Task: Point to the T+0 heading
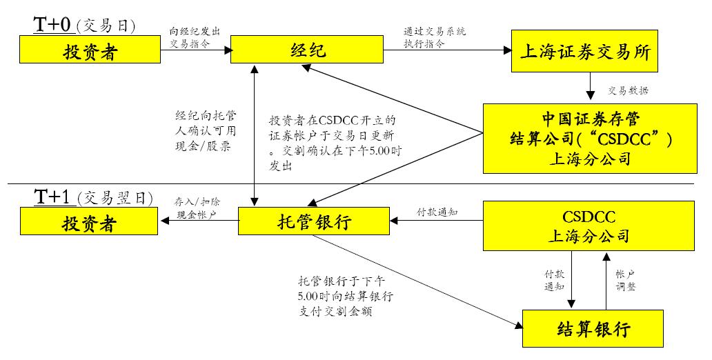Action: [53, 26]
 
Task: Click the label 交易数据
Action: [627, 90]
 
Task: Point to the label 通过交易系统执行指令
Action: [434, 37]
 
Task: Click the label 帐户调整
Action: [625, 280]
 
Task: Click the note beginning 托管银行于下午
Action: [346, 297]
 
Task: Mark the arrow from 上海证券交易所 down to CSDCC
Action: [590, 88]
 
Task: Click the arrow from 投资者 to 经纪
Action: [195, 50]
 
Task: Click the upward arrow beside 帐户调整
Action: [606, 280]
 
